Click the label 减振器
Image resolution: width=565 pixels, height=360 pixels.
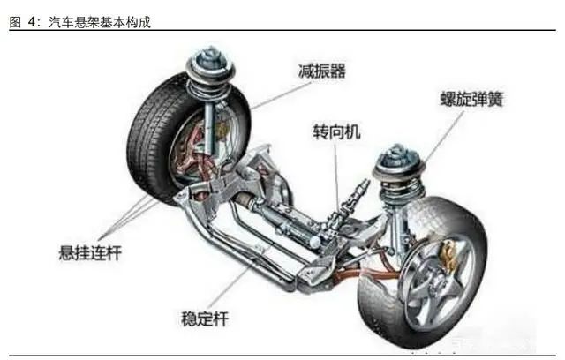point(321,71)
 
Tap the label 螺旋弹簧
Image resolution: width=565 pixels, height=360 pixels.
point(471,99)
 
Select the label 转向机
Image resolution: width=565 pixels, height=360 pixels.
point(336,131)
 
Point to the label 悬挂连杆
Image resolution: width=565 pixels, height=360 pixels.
point(90,252)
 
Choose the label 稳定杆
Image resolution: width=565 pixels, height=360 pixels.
point(205,319)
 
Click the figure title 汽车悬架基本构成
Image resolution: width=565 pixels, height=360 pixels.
point(100,22)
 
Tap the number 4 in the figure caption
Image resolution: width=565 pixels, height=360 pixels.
point(32,22)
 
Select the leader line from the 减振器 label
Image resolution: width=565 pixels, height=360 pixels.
point(281,96)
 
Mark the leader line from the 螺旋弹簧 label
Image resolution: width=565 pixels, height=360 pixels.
point(443,136)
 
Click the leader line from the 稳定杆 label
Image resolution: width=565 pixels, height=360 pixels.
point(238,278)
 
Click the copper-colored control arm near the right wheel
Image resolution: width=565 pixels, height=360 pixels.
point(364,274)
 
